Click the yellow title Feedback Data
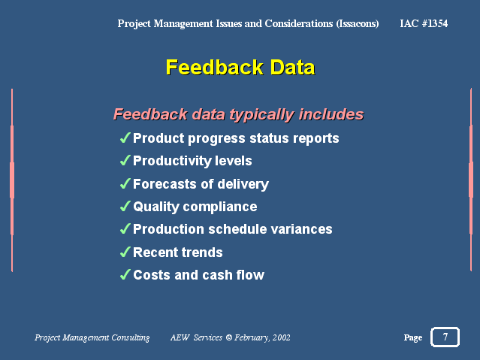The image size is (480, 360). pyautogui.click(x=240, y=67)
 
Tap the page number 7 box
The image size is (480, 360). pyautogui.click(x=445, y=337)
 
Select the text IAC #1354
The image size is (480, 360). pyautogui.click(x=424, y=23)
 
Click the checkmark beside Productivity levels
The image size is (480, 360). pyautogui.click(x=125, y=160)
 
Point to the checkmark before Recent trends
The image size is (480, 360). pyautogui.click(x=125, y=252)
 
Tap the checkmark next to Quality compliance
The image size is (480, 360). pyautogui.click(x=125, y=206)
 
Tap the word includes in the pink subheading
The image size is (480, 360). pyautogui.click(x=331, y=114)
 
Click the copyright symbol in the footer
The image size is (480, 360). pyautogui.click(x=228, y=337)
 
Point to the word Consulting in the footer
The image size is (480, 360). pyautogui.click(x=131, y=337)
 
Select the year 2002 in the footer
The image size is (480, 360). pyautogui.click(x=282, y=337)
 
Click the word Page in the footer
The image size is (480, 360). pyautogui.click(x=413, y=337)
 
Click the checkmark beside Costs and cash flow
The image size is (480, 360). pyautogui.click(x=125, y=274)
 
